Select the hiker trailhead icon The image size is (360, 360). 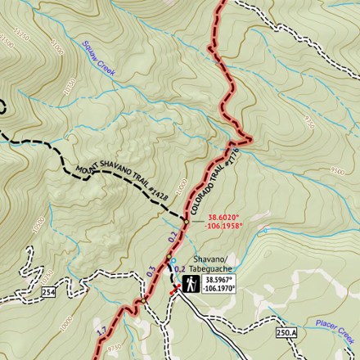coord(191,284)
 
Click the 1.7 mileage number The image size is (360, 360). coord(101,331)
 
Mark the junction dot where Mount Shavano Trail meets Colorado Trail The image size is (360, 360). coord(186,219)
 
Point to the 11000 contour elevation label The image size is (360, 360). coord(56,47)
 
